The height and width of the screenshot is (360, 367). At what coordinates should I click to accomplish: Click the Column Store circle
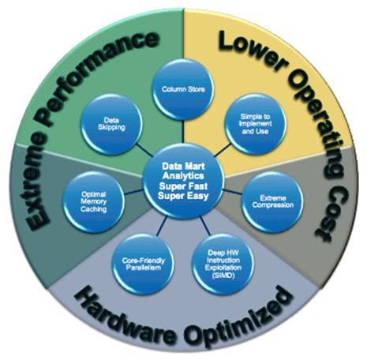click(183, 90)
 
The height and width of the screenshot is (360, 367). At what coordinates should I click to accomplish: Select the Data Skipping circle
click(111, 124)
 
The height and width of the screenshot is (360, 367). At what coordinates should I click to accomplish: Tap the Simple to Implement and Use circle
click(255, 124)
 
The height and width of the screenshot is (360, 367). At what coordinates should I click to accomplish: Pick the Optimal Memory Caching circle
click(94, 202)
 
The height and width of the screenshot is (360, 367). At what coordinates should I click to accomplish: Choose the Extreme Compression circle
click(273, 202)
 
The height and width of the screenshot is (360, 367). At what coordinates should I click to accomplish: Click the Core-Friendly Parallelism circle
click(144, 264)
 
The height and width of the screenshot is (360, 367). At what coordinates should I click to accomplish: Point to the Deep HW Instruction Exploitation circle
click(223, 264)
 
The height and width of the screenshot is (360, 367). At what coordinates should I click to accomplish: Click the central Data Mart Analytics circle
click(183, 182)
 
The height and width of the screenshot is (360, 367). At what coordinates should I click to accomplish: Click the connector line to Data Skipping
click(144, 149)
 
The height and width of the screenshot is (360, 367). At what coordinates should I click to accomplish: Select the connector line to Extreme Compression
click(233, 192)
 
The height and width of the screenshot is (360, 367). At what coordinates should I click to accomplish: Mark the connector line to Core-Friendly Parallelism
click(162, 226)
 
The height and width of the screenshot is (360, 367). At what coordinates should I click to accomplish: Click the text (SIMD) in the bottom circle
click(223, 276)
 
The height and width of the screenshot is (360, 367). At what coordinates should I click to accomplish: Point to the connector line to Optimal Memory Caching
click(134, 192)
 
